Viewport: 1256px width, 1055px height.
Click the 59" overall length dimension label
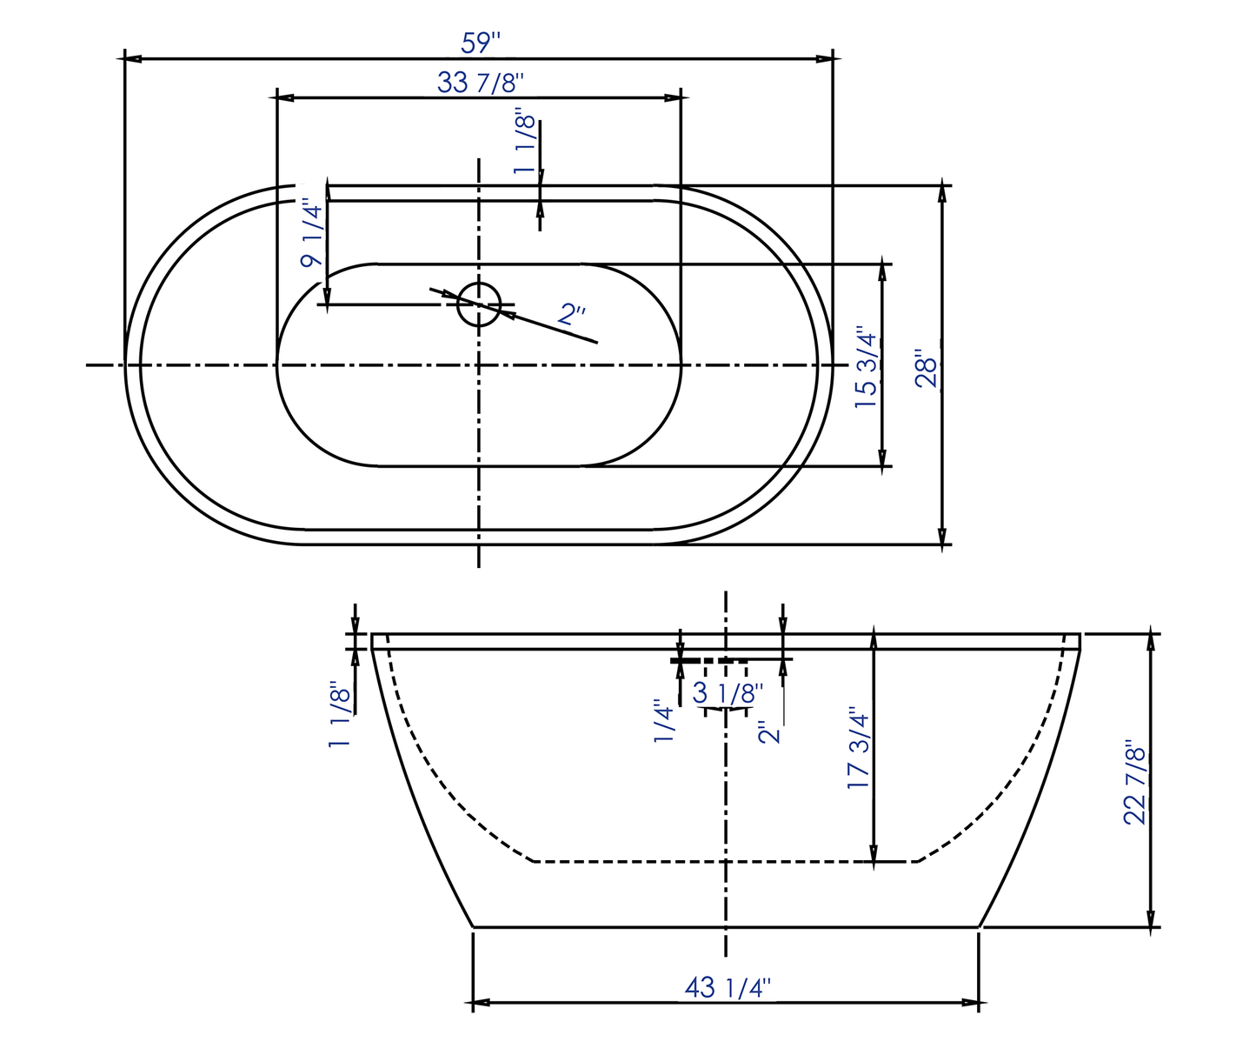point(481,41)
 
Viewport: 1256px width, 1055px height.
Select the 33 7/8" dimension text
point(480,83)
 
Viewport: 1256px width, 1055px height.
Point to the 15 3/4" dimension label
point(866,368)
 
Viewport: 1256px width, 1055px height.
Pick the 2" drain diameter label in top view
point(572,314)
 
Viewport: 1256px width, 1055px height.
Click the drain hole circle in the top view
point(479,304)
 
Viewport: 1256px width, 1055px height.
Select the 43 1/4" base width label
point(727,988)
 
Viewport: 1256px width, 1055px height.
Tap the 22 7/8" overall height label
point(1135,782)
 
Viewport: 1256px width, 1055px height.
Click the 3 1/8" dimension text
point(728,693)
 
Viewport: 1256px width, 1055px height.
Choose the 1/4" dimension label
point(664,723)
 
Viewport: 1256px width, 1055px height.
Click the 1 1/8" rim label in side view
point(339,715)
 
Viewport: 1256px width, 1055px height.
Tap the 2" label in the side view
point(770,732)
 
